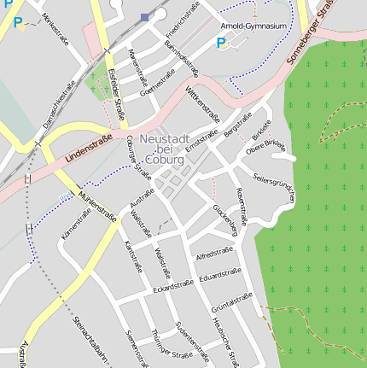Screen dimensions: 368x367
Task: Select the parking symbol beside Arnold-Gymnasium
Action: (222, 43)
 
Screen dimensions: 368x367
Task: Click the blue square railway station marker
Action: (145, 17)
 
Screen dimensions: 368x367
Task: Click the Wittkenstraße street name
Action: (203, 104)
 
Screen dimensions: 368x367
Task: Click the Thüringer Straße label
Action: (172, 344)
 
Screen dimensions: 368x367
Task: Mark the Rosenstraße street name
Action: (242, 207)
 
